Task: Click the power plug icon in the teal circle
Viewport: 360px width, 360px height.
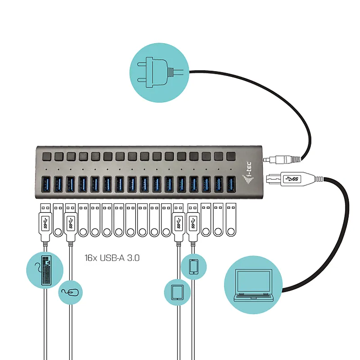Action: [x=160, y=72]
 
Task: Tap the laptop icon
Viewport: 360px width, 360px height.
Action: [x=253, y=285]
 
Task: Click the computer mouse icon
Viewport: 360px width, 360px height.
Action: [x=70, y=292]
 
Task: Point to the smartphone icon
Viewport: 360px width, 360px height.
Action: [x=193, y=266]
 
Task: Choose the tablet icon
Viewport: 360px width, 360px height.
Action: [x=177, y=292]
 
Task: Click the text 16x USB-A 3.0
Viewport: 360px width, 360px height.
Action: [x=112, y=258]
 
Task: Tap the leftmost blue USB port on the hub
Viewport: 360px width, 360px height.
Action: [x=46, y=184]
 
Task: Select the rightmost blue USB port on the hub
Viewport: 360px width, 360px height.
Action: [x=231, y=184]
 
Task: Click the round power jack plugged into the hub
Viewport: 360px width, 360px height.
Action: [x=282, y=160]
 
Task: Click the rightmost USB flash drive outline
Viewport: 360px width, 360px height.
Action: [x=231, y=220]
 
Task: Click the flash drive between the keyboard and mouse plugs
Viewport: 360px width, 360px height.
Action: [x=58, y=220]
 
